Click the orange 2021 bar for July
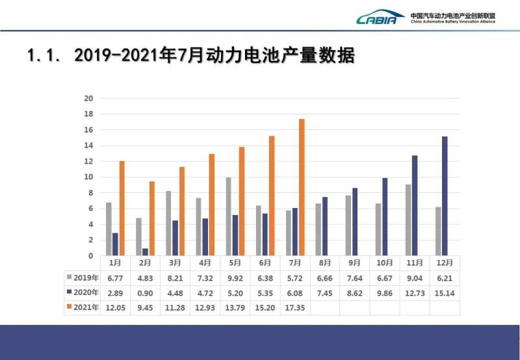[x=302, y=187]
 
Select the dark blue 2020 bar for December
[x=444, y=196]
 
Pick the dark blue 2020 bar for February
[x=145, y=252]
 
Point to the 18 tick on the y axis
[x=90, y=114]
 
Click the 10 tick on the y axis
[x=90, y=177]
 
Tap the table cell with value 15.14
[x=445, y=292]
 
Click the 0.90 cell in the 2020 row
[x=145, y=292]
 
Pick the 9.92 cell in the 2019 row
[x=235, y=277]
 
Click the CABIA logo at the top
[x=380, y=17]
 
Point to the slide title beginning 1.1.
[x=191, y=56]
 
